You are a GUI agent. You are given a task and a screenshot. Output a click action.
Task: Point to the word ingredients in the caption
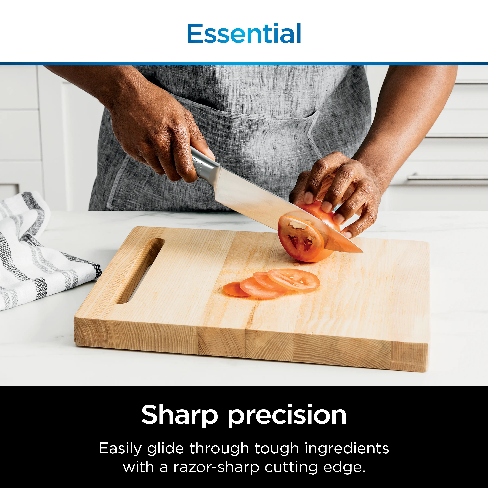tap(347, 449)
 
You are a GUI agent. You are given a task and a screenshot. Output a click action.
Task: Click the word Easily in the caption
tap(120, 449)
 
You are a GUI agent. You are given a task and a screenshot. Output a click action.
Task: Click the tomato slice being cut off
tap(301, 237)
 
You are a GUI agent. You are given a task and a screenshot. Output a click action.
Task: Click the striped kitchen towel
tap(38, 253)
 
